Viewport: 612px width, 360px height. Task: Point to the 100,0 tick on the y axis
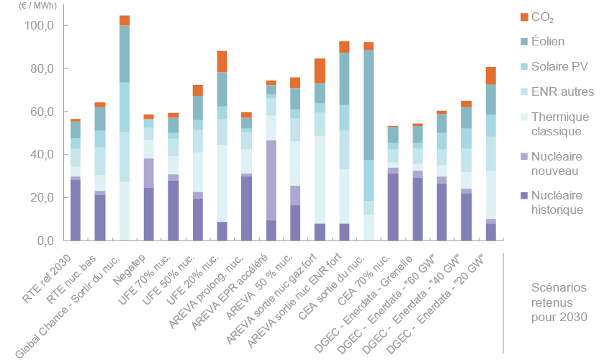(40, 26)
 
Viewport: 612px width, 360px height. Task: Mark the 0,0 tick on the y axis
(45, 240)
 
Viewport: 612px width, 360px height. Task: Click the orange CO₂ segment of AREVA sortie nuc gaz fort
(320, 71)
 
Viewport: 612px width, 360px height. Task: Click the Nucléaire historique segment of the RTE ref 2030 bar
(76, 210)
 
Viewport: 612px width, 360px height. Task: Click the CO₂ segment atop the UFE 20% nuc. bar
(222, 61)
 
